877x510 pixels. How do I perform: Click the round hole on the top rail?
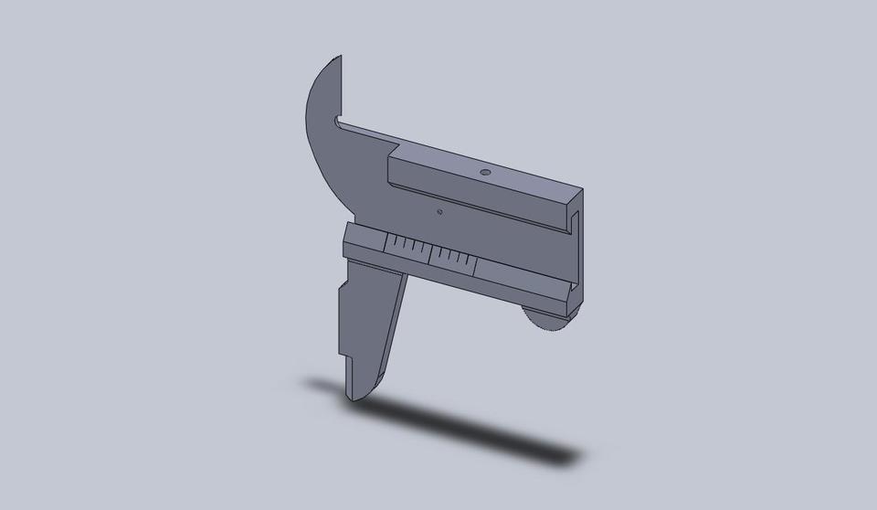[486, 171]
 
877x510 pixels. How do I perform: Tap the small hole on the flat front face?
[439, 212]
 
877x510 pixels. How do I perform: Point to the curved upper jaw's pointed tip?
[342, 57]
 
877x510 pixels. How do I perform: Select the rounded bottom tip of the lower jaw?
[359, 396]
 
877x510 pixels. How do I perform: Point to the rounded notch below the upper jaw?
[338, 120]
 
